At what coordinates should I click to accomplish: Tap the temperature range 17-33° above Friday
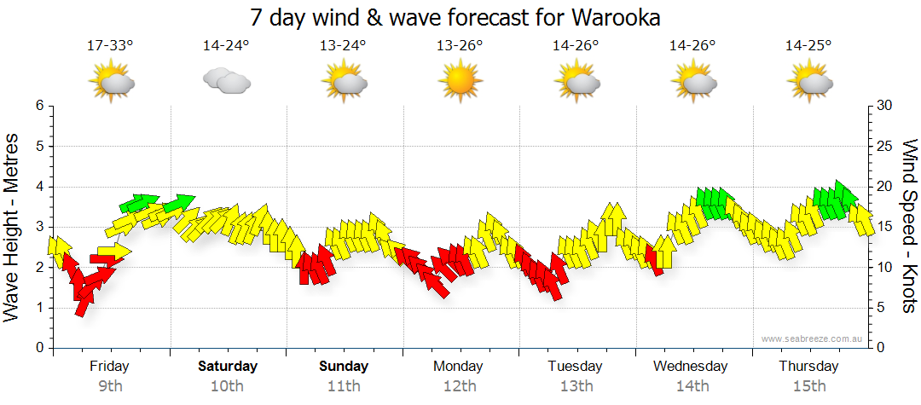[110, 45]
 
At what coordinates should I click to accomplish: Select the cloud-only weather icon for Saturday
[226, 81]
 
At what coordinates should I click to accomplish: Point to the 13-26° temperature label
[460, 45]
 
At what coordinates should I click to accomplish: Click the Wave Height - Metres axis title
[13, 227]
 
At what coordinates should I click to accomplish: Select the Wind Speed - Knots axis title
[909, 227]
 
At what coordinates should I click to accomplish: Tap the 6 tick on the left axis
[38, 106]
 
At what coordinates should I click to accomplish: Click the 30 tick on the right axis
[885, 106]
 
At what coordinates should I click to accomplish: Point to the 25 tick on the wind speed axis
[885, 146]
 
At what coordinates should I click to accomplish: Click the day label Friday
[110, 367]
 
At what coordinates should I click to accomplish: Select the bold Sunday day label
[344, 367]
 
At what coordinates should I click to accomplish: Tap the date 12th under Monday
[460, 386]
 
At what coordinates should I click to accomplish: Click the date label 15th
[808, 386]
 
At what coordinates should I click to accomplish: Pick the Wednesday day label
[691, 367]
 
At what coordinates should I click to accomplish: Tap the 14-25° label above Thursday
[808, 45]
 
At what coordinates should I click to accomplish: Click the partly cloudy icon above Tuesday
[576, 81]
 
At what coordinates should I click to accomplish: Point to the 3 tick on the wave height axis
[38, 227]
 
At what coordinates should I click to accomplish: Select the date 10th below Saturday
[227, 386]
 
